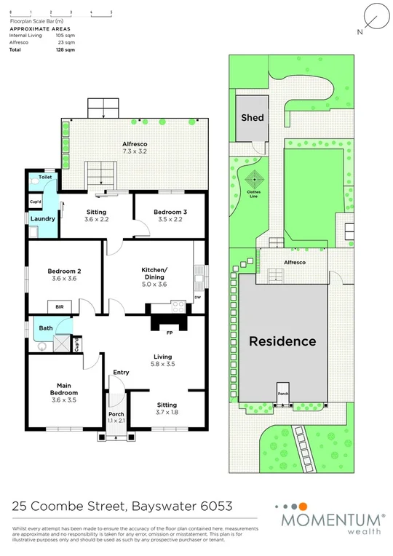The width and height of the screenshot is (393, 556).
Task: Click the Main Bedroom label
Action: [64, 391]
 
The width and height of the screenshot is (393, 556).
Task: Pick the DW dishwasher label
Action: [197, 298]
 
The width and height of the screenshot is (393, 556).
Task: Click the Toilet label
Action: [45, 177]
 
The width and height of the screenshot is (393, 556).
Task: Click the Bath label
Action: [45, 328]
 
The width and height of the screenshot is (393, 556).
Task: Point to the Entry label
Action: [121, 373]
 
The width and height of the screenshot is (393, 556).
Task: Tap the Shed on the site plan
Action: [252, 117]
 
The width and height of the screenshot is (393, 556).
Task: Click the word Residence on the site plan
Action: [283, 341]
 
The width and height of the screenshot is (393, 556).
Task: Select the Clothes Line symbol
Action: [254, 180]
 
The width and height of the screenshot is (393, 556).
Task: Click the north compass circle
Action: [374, 16]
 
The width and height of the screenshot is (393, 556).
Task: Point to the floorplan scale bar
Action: [60, 12]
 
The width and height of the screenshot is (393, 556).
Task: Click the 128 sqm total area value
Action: [65, 49]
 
